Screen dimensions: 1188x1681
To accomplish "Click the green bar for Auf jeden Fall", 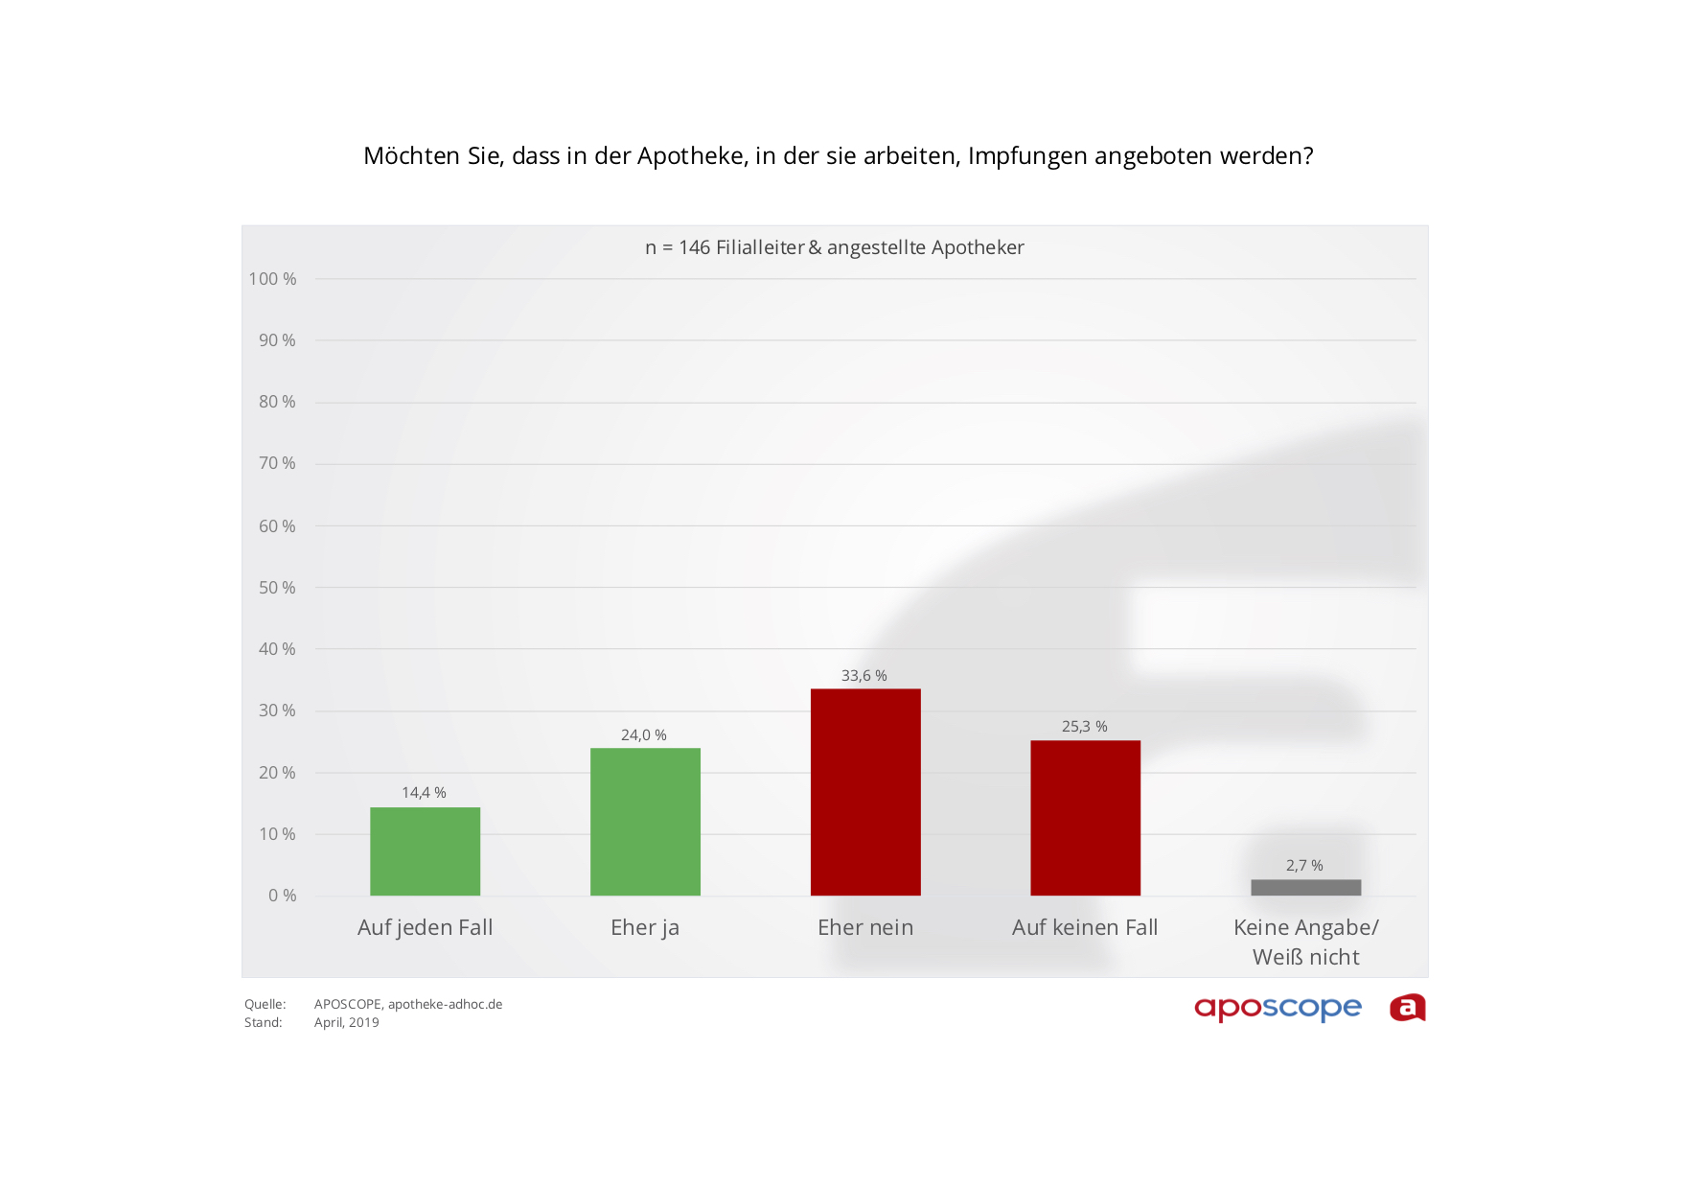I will point(425,851).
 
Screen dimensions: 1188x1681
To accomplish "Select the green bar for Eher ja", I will point(645,822).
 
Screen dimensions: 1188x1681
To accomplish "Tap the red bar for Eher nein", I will point(865,792).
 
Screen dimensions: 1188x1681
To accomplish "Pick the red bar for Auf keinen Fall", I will point(1085,818).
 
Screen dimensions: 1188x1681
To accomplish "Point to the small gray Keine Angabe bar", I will point(1305,888).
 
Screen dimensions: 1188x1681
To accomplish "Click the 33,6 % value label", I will point(864,676).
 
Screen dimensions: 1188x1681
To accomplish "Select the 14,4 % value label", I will point(424,793).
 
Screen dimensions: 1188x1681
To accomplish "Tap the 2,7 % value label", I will point(1304,866).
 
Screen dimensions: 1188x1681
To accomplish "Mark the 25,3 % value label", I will point(1084,727).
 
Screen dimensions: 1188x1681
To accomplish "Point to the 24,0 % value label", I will point(644,735).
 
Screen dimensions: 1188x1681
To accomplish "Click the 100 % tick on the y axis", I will point(272,279).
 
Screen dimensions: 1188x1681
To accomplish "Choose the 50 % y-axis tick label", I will point(277,588).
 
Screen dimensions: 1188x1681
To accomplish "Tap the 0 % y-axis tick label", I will point(283,896).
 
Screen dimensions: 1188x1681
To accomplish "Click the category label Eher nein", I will point(865,927).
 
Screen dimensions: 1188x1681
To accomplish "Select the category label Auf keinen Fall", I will point(1085,927).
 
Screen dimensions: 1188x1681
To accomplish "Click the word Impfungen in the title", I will point(1027,156).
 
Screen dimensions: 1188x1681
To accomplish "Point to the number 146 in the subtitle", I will point(695,247).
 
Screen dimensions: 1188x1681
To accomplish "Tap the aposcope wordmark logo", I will point(1278,1009).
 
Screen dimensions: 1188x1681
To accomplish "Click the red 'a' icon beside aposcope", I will point(1408,1008).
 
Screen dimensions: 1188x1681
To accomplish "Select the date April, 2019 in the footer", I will point(347,1023).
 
